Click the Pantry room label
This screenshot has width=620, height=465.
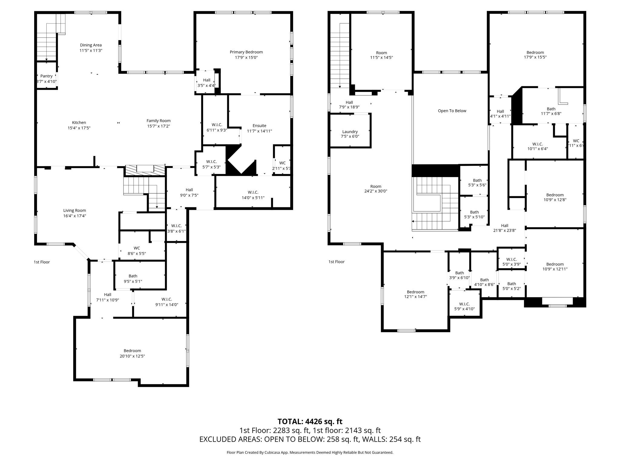[x=46, y=76]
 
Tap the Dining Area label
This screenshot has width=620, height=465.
[x=91, y=45]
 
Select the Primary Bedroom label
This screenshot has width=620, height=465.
[x=246, y=52]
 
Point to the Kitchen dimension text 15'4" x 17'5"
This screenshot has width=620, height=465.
[x=79, y=128]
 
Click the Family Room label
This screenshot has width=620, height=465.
[x=159, y=121]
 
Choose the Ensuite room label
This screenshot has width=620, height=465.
[x=259, y=126]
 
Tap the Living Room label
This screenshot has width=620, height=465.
[x=74, y=210]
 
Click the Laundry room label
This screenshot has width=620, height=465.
[x=350, y=132]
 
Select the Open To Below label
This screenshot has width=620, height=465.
[x=452, y=111]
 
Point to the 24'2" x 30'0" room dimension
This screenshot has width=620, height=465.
[x=376, y=191]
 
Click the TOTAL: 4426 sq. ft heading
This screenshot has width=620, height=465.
[x=310, y=421]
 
